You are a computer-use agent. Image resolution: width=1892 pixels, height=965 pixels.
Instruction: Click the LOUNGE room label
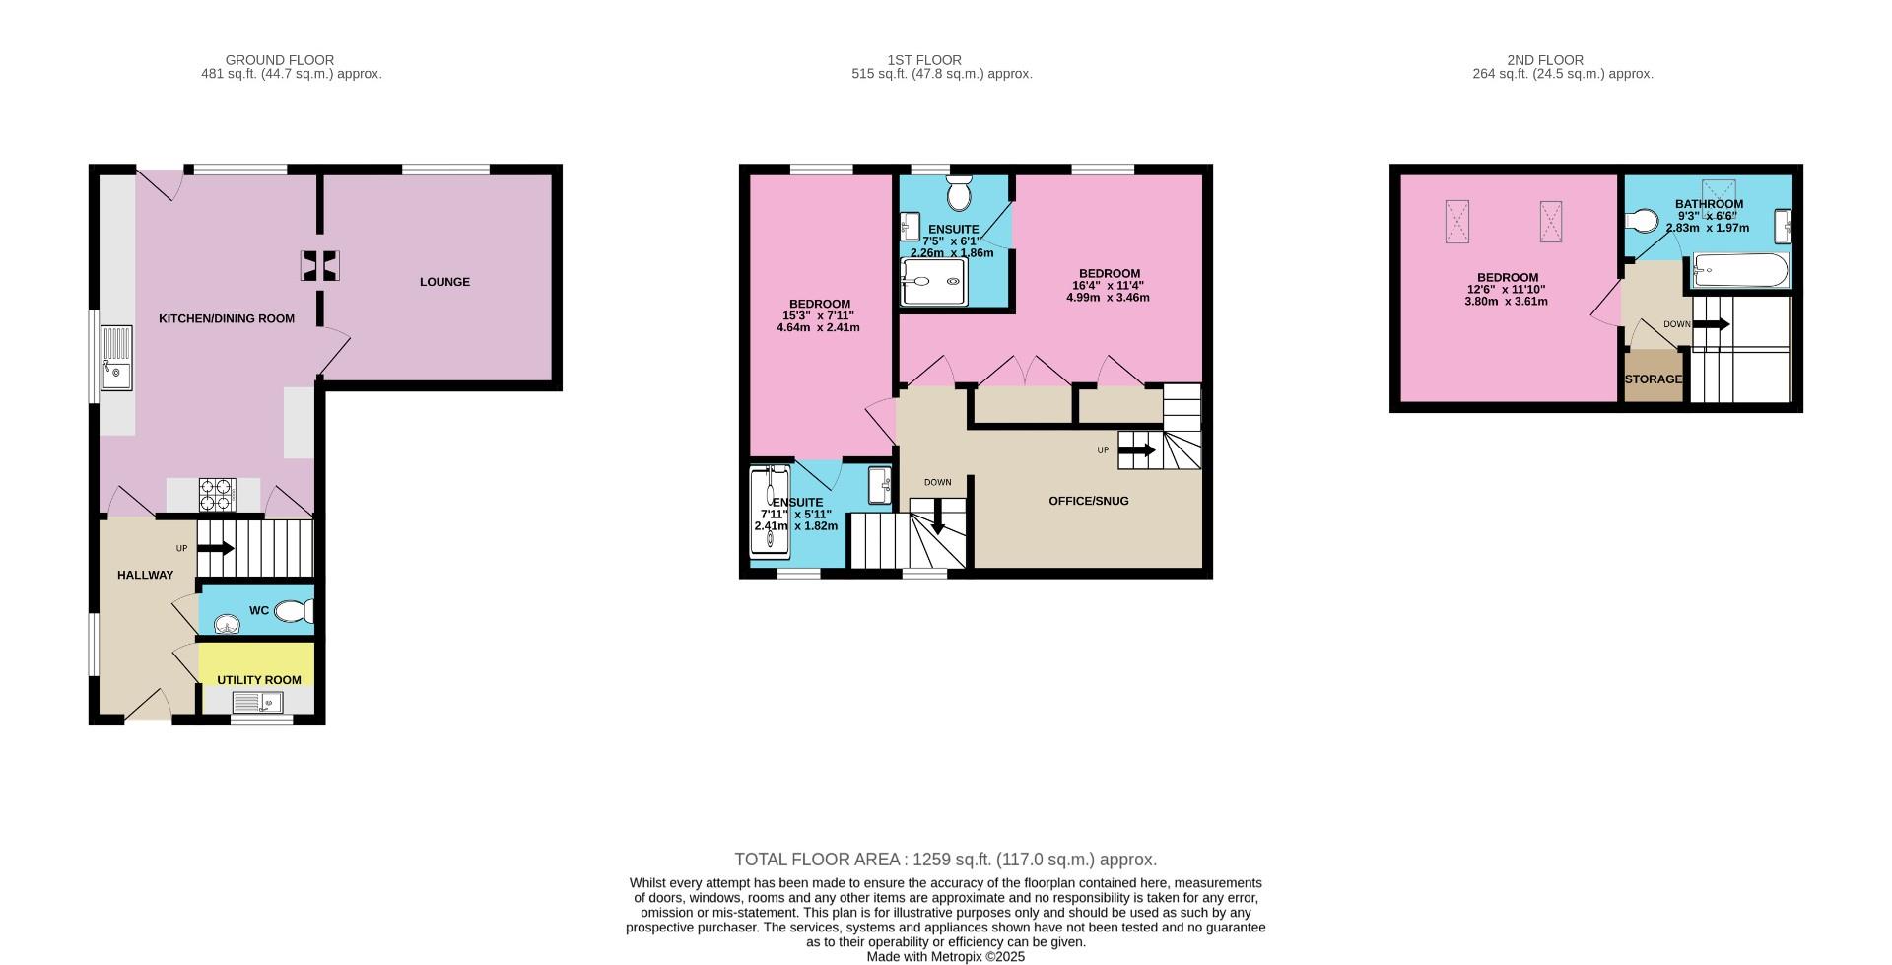click(x=444, y=282)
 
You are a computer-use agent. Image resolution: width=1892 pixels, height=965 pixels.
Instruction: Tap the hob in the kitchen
click(x=217, y=495)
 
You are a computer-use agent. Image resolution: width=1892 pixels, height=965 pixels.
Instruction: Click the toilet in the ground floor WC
click(x=294, y=612)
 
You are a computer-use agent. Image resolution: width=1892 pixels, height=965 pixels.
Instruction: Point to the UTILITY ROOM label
click(x=259, y=680)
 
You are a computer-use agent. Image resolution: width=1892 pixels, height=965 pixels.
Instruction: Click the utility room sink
click(x=257, y=702)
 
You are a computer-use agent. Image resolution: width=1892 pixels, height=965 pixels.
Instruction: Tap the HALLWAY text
click(x=145, y=575)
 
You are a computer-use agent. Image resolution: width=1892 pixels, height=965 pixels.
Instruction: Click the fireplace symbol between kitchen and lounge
click(x=320, y=265)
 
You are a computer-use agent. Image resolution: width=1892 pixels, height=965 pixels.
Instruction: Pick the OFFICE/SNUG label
click(x=1088, y=501)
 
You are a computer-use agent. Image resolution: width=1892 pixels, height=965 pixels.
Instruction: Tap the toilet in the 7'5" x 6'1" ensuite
click(x=958, y=194)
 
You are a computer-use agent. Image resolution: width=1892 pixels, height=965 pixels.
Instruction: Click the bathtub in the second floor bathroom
click(x=1740, y=270)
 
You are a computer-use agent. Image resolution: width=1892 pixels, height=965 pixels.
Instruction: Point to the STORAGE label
click(x=1653, y=379)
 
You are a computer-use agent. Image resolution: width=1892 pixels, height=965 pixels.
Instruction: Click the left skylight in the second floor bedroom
click(x=1457, y=221)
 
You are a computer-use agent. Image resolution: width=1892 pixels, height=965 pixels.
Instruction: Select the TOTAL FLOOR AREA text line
click(x=945, y=860)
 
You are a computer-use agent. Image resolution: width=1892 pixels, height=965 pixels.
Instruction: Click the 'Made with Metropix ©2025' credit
click(x=945, y=956)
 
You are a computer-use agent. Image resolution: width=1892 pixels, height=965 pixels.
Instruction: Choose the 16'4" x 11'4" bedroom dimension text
click(x=1109, y=286)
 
